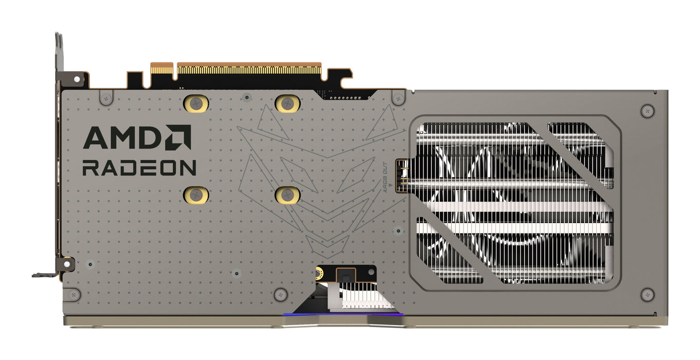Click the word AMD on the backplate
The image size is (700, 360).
(x=121, y=138)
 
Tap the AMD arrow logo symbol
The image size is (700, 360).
(x=178, y=137)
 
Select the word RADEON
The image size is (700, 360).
(x=139, y=168)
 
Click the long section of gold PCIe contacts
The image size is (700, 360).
(x=249, y=68)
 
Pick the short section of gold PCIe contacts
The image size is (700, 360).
(x=161, y=68)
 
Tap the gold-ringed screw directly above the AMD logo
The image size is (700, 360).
(x=196, y=104)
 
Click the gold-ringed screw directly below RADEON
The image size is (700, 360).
(x=196, y=194)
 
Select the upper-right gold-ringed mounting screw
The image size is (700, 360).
(x=287, y=104)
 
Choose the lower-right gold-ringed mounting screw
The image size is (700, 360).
(x=287, y=194)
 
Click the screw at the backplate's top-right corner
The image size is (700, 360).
(x=648, y=110)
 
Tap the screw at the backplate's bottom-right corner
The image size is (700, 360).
(x=648, y=295)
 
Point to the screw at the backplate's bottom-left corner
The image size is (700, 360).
(x=74, y=295)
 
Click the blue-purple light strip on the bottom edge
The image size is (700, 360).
(x=343, y=314)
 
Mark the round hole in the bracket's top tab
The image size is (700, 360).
(x=77, y=80)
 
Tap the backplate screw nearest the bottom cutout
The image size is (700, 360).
(x=280, y=295)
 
